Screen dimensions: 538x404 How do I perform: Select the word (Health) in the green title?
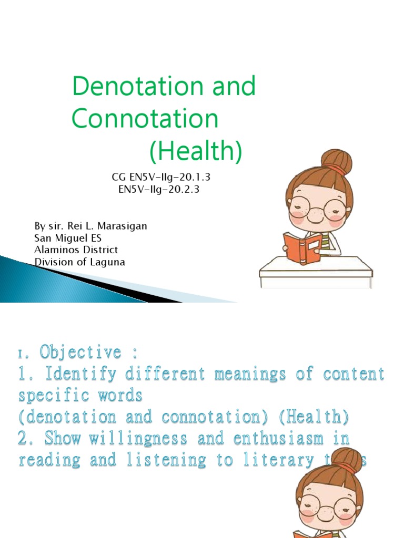point(195,151)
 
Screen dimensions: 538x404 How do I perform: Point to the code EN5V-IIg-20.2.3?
point(159,189)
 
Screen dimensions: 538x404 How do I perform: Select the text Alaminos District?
point(76,250)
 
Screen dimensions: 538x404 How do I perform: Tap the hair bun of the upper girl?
point(337,161)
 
